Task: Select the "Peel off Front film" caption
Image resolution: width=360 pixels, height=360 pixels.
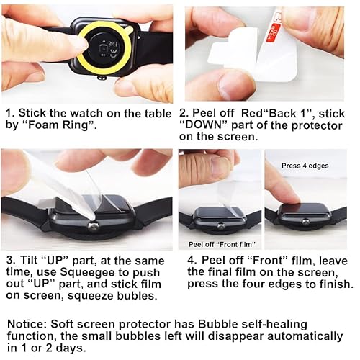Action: coord(212,243)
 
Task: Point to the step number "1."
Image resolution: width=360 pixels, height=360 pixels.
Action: coord(10,113)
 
